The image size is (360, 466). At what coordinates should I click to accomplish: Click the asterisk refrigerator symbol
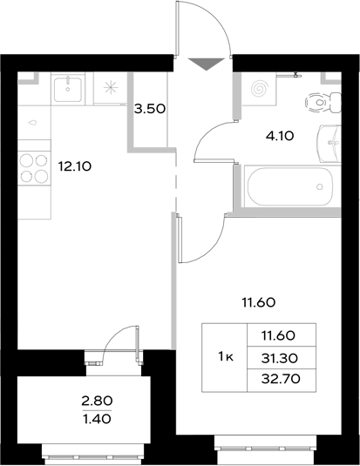pyautogui.click(x=110, y=87)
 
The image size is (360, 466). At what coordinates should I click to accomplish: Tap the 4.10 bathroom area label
pyautogui.click(x=282, y=135)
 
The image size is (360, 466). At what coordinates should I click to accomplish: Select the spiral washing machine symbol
pyautogui.click(x=259, y=89)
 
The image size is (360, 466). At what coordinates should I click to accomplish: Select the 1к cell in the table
pyautogui.click(x=224, y=355)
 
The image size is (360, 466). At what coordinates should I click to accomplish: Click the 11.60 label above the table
pyautogui.click(x=259, y=303)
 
